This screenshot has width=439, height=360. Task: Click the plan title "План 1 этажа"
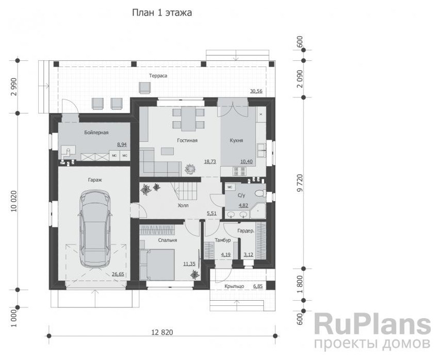pos(162,13)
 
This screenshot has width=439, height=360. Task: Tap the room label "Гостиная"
pos(187,140)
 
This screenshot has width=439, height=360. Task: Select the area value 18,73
pos(210,161)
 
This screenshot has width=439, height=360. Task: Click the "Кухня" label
pos(236,140)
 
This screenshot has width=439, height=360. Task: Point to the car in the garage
pos(95,228)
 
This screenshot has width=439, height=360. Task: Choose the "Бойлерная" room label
pos(96,133)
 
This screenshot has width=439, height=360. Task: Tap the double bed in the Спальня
pos(157,264)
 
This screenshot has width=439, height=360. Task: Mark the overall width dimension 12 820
pos(162,332)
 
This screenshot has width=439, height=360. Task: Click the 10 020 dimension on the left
pos(14,201)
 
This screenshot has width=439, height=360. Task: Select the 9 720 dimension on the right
pos(300,183)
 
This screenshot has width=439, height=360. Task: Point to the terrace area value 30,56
pos(256,91)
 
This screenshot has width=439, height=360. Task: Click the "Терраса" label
pos(158,76)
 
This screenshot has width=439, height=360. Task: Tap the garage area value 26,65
pos(118,274)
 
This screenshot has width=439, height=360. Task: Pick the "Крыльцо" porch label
pos(234,286)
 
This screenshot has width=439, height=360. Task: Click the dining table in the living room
pos(188,119)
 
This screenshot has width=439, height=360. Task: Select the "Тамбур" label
pos(222,240)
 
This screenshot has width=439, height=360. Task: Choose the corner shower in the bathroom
pos(258,211)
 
